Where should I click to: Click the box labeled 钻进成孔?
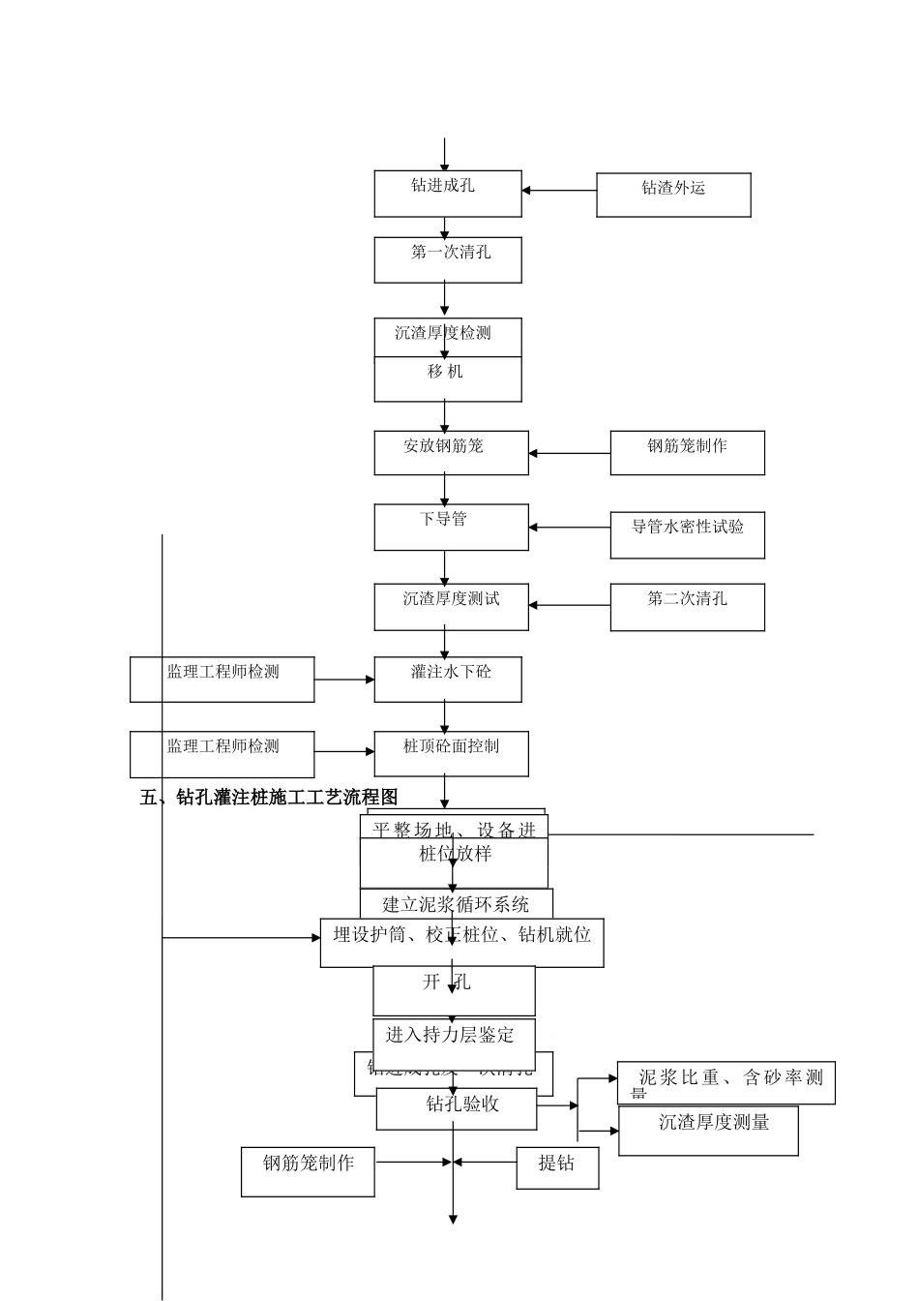coord(448,194)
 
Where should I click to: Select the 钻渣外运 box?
coord(673,195)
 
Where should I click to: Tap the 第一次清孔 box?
coord(448,259)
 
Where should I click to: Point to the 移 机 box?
coord(448,378)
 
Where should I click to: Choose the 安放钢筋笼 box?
coord(451,452)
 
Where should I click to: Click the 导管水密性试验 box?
coord(687,534)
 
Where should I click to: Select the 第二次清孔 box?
coord(687,607)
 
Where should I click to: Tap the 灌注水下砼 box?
coord(448,679)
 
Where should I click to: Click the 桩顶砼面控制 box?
coord(451,753)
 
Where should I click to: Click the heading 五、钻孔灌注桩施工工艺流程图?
coord(269,798)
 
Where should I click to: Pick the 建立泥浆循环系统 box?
coord(456,903)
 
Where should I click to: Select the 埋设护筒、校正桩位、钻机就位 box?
coord(461,942)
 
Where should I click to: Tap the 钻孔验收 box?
coord(456,1108)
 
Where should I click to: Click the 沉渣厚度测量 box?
coord(708,1131)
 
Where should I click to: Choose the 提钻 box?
coord(557,1168)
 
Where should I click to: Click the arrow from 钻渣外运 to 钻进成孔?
coord(559,191)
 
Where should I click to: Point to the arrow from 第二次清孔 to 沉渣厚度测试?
coord(569,605)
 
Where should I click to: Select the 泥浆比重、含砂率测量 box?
coord(726,1082)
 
